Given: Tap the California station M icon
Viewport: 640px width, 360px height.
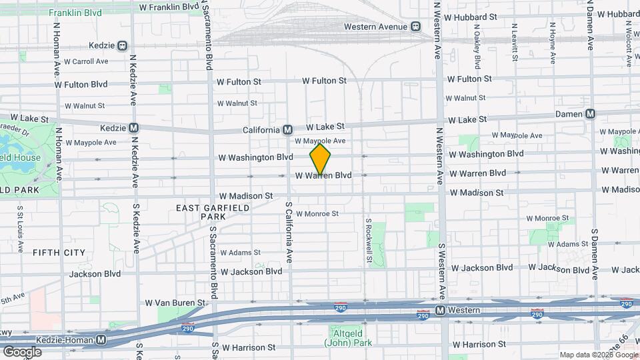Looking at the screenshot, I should coord(288,129).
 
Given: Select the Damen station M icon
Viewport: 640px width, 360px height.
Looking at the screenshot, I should coord(590,114).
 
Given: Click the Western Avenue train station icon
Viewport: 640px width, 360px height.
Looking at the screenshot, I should coord(415,27).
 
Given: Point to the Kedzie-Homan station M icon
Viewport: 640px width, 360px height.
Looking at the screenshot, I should coord(101,339).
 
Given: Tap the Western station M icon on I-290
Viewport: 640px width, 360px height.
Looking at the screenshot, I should coord(440,311).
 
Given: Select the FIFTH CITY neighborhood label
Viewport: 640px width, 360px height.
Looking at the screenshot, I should coord(59,253).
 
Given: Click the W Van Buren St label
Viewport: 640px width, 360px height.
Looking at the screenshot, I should coord(175,303).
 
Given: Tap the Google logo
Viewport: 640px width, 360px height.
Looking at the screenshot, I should coord(22,351).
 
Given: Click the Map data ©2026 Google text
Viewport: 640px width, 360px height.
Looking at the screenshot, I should coord(598,355).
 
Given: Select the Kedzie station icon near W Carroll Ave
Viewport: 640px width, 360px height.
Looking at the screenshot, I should coord(122,46).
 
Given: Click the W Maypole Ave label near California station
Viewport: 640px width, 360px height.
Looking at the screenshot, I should coord(321,141).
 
